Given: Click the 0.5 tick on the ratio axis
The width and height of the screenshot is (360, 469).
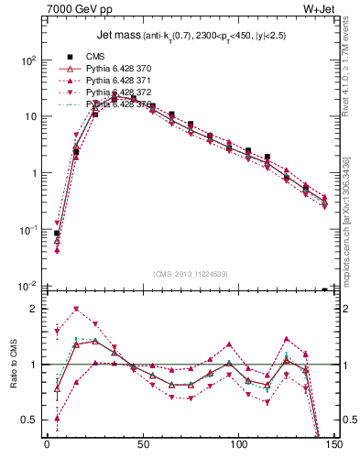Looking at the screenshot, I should point(29,420).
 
